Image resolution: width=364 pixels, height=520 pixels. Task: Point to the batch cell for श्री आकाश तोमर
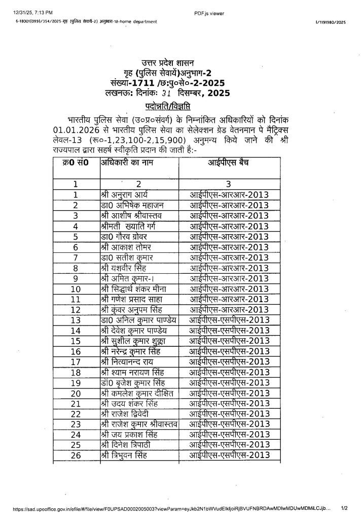click(229, 247)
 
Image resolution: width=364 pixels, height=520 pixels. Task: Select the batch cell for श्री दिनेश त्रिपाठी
click(229, 445)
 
